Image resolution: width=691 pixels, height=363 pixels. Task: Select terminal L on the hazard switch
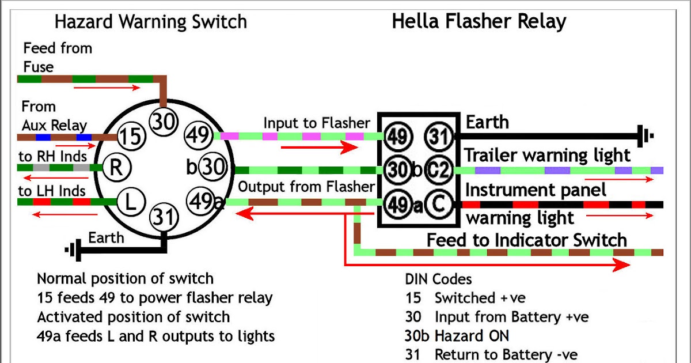[x=130, y=202]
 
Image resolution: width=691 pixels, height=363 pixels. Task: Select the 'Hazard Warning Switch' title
[x=150, y=22]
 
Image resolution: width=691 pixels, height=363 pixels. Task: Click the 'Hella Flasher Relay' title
[x=479, y=21]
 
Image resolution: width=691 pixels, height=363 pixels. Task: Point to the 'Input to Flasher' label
[x=317, y=123]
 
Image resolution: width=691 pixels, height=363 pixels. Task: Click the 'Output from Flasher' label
[x=306, y=187]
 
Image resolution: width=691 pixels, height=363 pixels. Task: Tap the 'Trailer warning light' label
[x=548, y=155]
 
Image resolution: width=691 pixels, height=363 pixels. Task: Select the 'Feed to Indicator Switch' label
[x=526, y=240]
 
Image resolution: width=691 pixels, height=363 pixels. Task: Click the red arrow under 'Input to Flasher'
[x=320, y=148]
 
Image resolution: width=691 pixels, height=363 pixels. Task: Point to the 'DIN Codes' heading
[x=438, y=279]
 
